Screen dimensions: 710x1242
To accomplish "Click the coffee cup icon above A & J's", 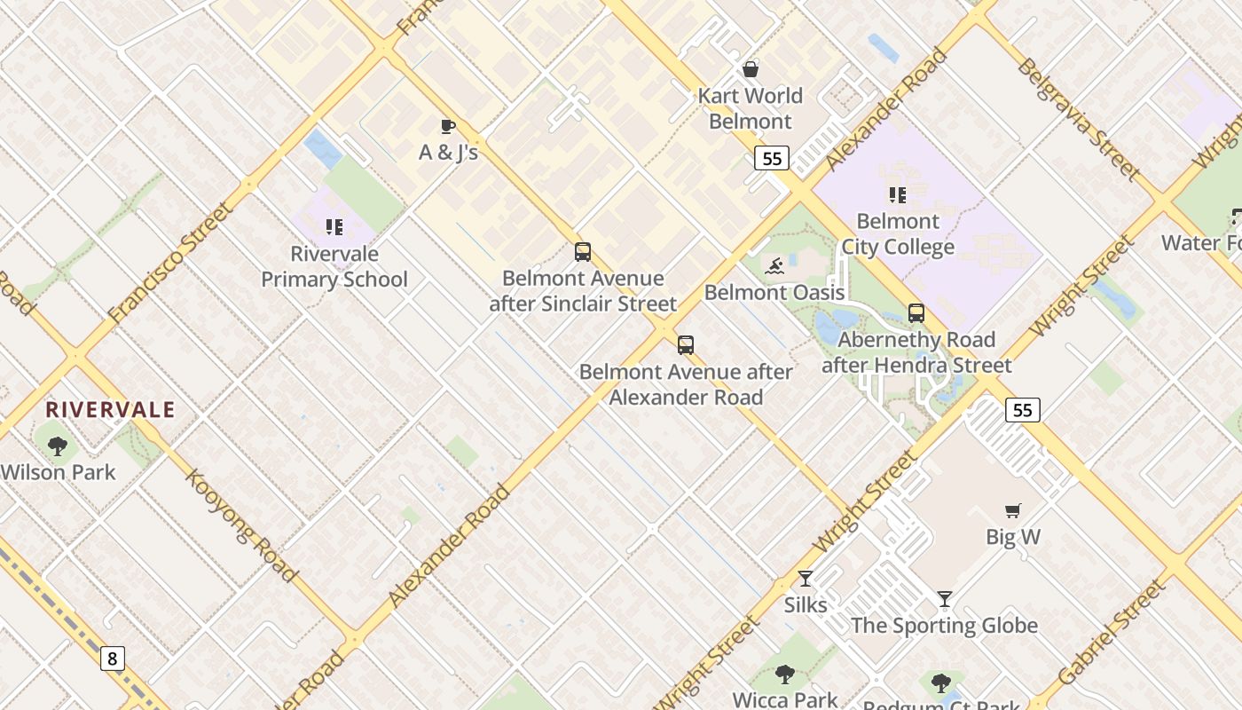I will click(x=448, y=126).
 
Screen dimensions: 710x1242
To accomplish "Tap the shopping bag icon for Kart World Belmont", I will click(x=751, y=69).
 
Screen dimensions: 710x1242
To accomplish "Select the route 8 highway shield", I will click(x=112, y=659).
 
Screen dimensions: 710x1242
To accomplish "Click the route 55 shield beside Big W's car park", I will click(x=1022, y=409).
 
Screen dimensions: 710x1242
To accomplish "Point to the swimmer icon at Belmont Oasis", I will click(x=774, y=265).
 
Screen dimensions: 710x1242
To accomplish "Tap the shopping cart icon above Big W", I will click(x=1013, y=510).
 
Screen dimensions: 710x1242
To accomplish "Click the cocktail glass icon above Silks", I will click(x=806, y=579).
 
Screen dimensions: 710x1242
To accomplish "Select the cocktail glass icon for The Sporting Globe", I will click(x=945, y=599).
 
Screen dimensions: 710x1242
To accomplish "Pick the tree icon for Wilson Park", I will click(x=58, y=446).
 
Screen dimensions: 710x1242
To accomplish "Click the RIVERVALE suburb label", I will click(x=110, y=410).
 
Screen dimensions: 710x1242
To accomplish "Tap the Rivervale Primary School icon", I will click(x=334, y=228).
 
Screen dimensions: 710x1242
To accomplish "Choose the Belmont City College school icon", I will click(x=898, y=195).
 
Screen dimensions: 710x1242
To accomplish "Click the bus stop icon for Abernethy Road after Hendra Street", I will click(x=916, y=313).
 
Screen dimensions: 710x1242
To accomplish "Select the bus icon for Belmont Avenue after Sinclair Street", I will click(x=583, y=252).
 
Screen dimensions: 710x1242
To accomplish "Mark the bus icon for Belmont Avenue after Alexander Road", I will click(x=686, y=345).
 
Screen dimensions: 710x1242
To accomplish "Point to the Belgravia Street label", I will click(x=1078, y=118).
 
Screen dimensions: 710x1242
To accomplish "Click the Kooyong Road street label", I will click(x=240, y=525).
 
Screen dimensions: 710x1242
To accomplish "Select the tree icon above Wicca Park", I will click(x=785, y=674).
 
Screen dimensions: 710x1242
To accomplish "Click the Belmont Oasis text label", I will click(x=774, y=292).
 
